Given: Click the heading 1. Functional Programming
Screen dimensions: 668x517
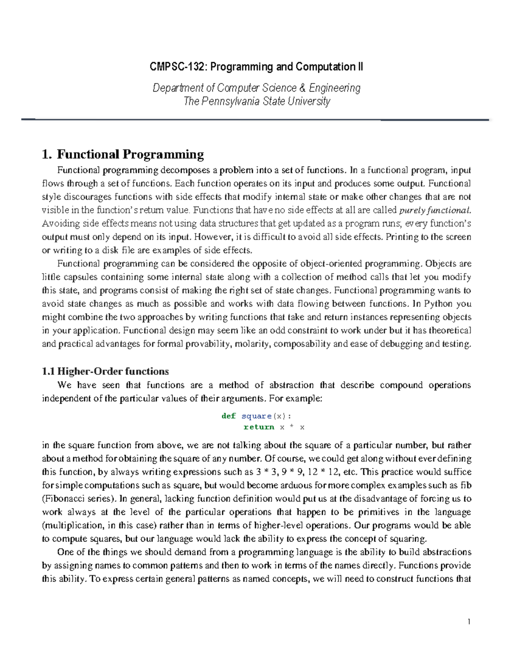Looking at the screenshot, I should pyautogui.click(x=123, y=154).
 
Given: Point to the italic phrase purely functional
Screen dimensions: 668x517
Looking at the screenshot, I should pyautogui.click(x=435, y=210).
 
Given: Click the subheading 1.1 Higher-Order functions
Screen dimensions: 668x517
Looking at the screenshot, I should pyautogui.click(x=105, y=371).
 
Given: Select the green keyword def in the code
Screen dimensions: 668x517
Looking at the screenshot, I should pyautogui.click(x=228, y=416).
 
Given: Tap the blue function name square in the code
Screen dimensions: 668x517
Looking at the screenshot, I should pyautogui.click(x=256, y=416).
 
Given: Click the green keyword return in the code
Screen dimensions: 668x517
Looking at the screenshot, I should pyautogui.click(x=258, y=427).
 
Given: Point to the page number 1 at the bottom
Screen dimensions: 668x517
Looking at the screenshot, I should pyautogui.click(x=468, y=622).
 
